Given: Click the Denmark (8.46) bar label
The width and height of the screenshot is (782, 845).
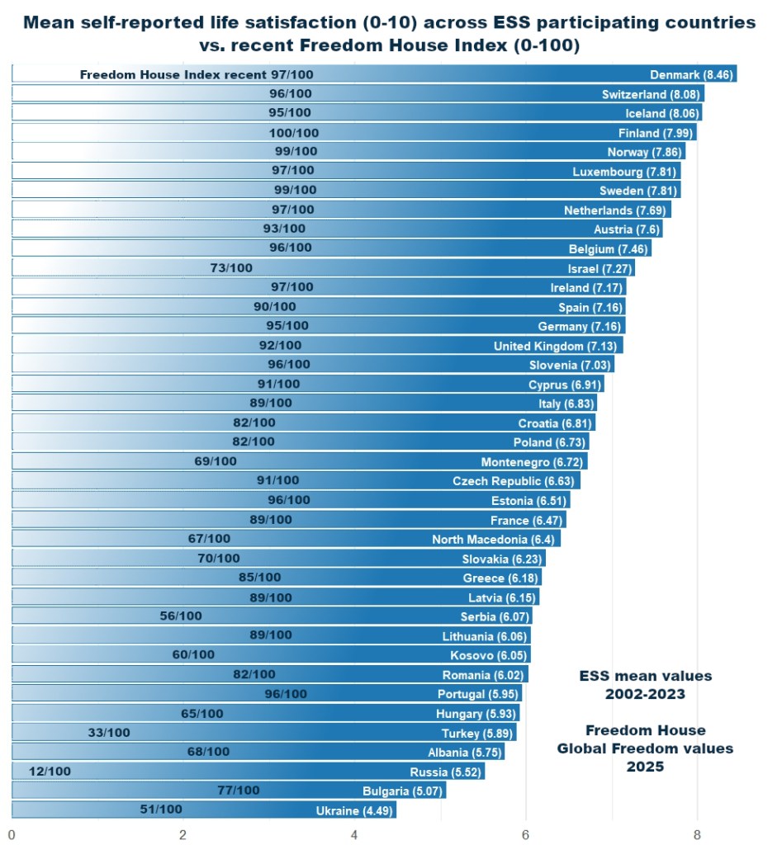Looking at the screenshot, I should point(691,75).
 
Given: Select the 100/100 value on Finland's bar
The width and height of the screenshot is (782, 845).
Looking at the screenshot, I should point(293,133).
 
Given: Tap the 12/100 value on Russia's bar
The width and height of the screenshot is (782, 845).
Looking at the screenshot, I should point(50,771).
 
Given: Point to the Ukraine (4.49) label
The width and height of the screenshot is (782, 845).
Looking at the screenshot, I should point(356,811).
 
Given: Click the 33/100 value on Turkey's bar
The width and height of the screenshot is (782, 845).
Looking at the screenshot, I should point(109,732).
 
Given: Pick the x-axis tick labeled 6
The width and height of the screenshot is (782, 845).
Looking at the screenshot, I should point(525,833).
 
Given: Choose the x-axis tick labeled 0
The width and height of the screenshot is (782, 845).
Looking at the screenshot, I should point(12,833).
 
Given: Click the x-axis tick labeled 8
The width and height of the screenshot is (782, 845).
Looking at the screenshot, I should point(697,833).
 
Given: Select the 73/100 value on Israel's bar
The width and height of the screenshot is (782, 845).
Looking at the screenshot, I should point(232,267).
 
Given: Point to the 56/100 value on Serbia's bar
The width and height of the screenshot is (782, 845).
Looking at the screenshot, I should point(180,616).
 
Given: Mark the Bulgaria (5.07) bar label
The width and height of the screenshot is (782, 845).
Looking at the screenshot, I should point(403,791).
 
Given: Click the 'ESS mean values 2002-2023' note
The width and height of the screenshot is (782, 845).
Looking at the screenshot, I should point(645,685).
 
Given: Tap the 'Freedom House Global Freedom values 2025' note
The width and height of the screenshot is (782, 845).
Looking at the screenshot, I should point(645,748).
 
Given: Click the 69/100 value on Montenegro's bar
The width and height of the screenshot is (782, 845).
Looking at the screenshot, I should point(216,460).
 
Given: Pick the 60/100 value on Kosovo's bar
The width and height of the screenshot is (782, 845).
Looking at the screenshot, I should point(193,654).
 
